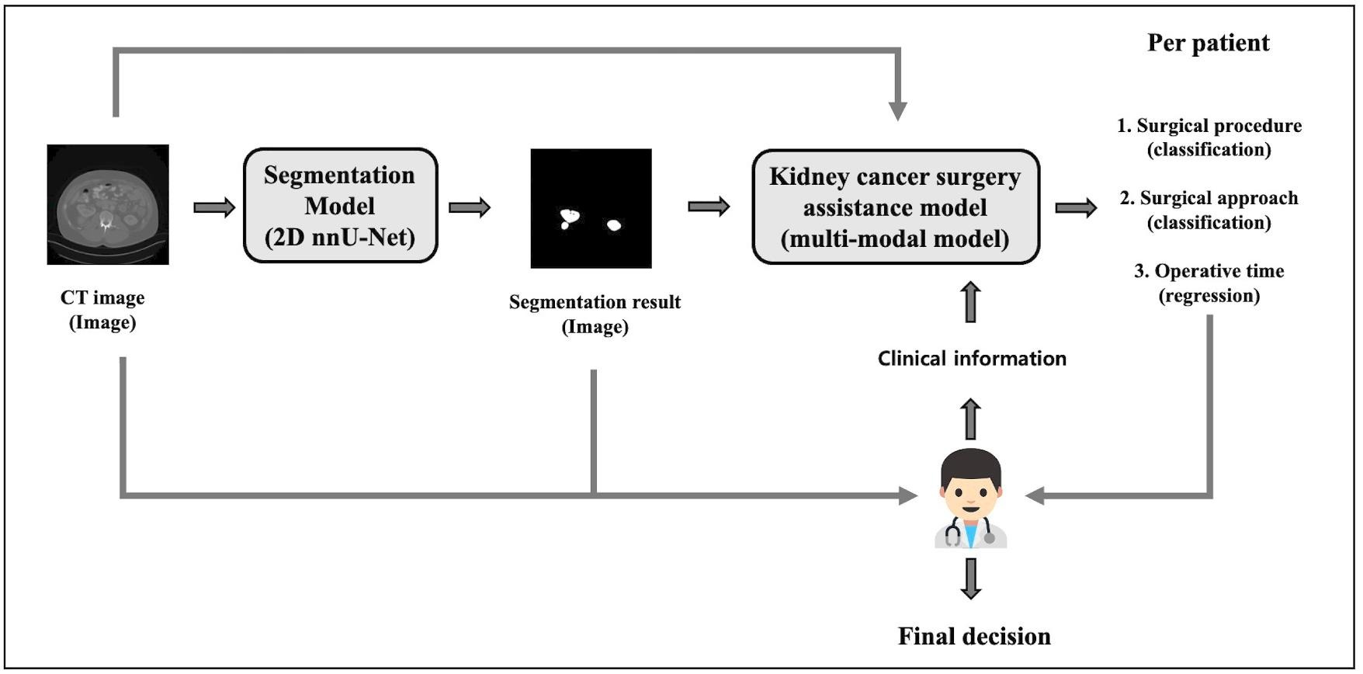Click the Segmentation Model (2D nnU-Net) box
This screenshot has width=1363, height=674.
pyautogui.click(x=340, y=206)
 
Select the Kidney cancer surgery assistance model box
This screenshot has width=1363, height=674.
pyautogui.click(x=895, y=207)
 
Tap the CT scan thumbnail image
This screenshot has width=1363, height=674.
pyautogui.click(x=107, y=204)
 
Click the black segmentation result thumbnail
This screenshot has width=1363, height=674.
pyautogui.click(x=591, y=208)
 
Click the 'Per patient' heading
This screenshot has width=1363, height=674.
pyautogui.click(x=1208, y=43)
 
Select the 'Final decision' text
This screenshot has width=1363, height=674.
pyautogui.click(x=973, y=637)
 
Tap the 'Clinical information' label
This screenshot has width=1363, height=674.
pyautogui.click(x=972, y=359)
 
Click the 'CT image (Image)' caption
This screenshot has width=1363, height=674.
pyautogui.click(x=102, y=310)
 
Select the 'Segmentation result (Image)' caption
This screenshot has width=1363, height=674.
pyautogui.click(x=595, y=314)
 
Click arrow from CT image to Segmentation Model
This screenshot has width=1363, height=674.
pyautogui.click(x=213, y=207)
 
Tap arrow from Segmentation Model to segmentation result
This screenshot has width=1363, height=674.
pyautogui.click(x=470, y=207)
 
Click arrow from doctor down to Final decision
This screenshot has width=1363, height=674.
pyautogui.click(x=970, y=578)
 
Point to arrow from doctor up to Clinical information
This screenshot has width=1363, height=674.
pyautogui.click(x=970, y=419)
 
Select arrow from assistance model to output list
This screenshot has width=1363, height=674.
pyautogui.click(x=1076, y=207)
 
